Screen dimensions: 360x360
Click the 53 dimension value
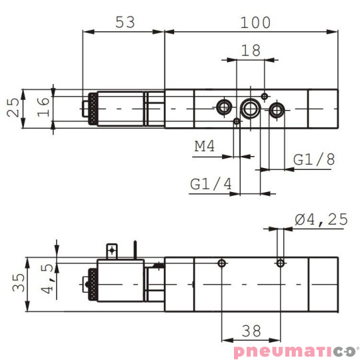click(125, 22)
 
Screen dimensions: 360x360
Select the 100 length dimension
click(256, 22)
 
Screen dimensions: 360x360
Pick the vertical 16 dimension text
click(43, 107)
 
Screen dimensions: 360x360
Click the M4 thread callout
click(204, 147)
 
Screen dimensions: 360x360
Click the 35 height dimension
click(18, 283)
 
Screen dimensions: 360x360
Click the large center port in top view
click(251, 107)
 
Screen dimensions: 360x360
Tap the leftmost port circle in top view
click(223, 107)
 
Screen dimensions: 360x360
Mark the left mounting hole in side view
click(222, 264)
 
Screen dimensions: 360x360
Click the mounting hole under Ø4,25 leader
click(280, 264)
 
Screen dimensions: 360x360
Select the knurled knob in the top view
click(89, 107)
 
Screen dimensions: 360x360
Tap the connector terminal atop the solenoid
click(111, 251)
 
